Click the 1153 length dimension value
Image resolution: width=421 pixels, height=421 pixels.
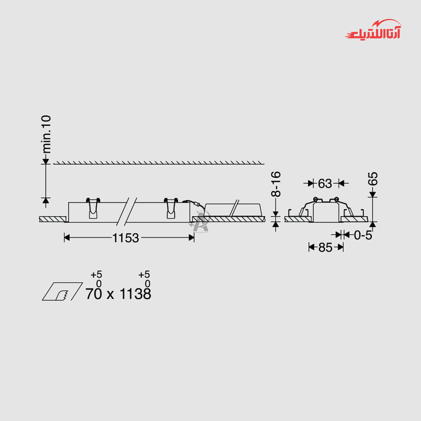tap(125, 238)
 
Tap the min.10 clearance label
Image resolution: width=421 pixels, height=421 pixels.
tap(46, 134)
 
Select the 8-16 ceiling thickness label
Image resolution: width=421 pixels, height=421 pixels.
tap(276, 184)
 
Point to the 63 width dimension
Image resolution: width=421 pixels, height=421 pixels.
tap(325, 184)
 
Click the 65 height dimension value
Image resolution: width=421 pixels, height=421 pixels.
tap(372, 179)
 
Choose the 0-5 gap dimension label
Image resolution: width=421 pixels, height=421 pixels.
tap(363, 235)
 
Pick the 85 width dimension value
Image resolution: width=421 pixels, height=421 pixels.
tap(325, 247)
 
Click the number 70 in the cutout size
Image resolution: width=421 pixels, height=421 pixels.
tap(94, 294)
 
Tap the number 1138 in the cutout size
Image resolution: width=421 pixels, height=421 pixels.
tap(135, 294)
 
